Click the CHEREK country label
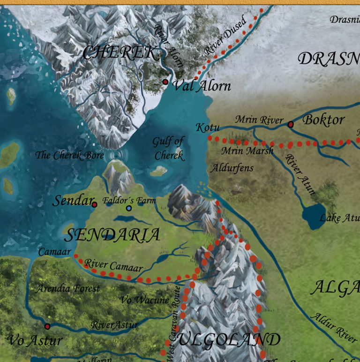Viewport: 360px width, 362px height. (120, 53)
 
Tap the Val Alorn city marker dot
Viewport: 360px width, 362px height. (165, 82)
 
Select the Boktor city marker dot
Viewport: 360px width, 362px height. (290, 124)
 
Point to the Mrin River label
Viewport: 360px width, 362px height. (259, 120)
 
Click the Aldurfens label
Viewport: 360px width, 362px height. (232, 167)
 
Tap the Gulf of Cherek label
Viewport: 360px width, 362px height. (168, 148)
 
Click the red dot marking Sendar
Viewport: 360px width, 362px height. (94, 204)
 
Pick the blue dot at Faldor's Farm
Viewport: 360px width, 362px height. (129, 208)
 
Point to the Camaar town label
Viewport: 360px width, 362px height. (54, 252)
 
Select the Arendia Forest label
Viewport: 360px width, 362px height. (68, 288)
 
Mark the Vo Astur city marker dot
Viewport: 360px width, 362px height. (47, 326)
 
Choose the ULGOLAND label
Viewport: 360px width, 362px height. (229, 339)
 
